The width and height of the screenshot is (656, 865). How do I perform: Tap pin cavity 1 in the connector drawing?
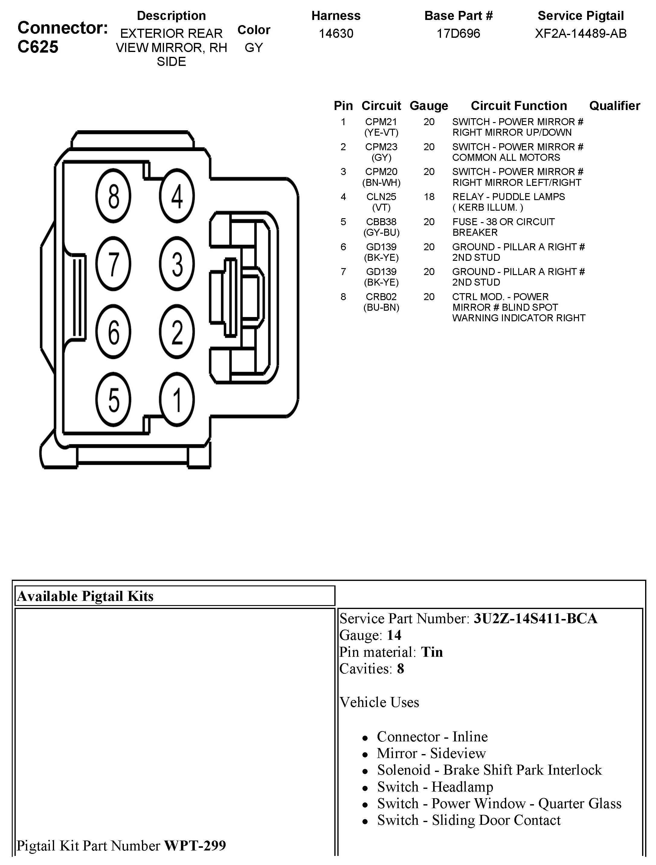[177, 400]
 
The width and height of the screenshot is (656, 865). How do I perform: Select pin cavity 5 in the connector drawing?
[113, 400]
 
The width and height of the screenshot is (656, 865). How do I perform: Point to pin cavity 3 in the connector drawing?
[177, 264]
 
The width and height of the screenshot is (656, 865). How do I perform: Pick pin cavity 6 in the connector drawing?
[113, 332]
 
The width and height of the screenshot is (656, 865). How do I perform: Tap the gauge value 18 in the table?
[429, 197]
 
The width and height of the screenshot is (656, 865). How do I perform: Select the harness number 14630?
[336, 34]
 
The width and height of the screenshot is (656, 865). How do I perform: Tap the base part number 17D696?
[458, 34]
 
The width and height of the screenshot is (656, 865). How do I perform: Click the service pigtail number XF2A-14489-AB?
[580, 34]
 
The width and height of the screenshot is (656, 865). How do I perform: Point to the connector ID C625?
[38, 47]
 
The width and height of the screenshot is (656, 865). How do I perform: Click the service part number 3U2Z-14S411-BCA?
[535, 618]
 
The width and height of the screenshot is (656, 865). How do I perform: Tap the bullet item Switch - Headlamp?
[435, 786]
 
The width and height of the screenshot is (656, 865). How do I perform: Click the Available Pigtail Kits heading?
[85, 596]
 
